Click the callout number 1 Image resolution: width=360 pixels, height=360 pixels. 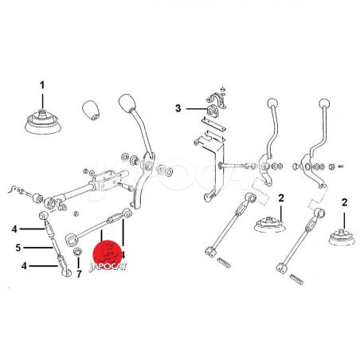point(42,85)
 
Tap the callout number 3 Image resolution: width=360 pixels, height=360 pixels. point(178,108)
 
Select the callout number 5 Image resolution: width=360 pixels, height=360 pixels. point(18,248)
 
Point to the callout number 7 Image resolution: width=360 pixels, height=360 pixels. point(79,274)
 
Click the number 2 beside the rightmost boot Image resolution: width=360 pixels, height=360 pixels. point(344,202)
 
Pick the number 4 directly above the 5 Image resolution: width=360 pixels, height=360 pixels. point(14,229)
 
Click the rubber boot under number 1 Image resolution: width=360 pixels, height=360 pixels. point(43,123)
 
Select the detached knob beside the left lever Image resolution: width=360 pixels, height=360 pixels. point(91,110)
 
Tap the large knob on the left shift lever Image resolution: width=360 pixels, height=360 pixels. point(127,103)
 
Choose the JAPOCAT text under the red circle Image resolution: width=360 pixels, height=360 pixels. point(108,267)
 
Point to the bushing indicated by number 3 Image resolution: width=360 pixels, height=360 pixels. point(211,111)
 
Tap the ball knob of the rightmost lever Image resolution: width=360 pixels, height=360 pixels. point(324,103)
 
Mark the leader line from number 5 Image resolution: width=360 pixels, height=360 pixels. point(38,248)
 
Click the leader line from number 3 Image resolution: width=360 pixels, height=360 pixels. point(196,109)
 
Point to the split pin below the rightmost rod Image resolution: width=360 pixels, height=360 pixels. point(295,279)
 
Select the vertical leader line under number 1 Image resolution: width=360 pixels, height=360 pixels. point(42,101)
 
